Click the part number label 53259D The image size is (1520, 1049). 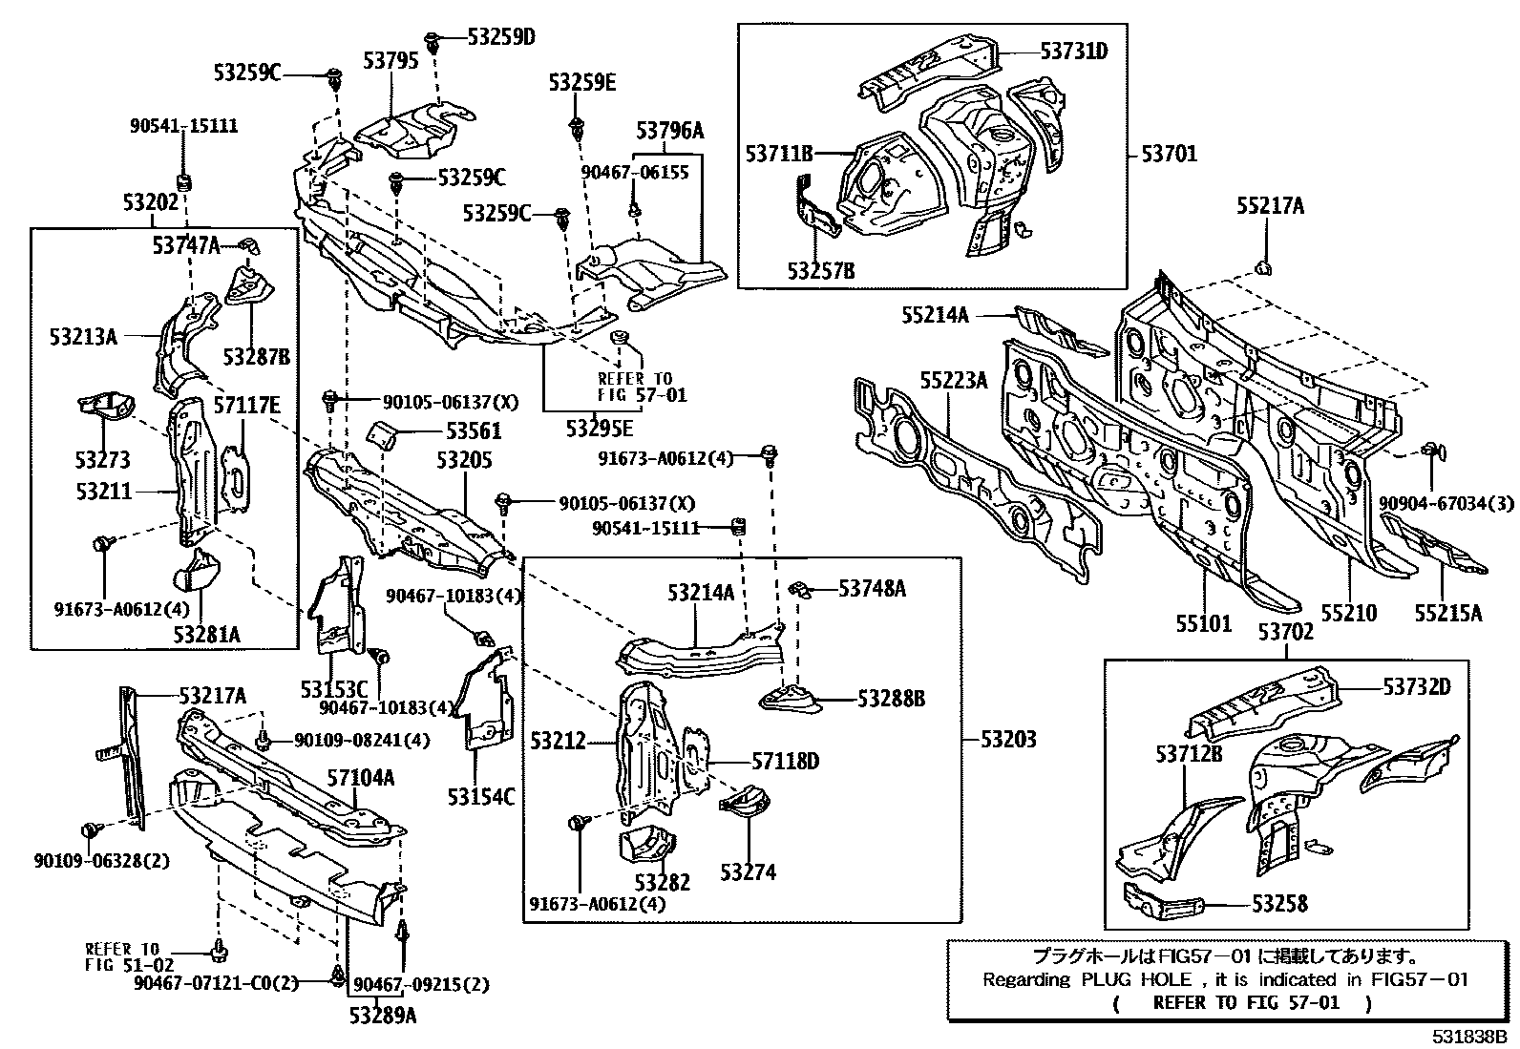[501, 37]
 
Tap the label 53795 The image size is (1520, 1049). [391, 61]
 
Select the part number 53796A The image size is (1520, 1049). [669, 130]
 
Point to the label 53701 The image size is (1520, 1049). [1169, 154]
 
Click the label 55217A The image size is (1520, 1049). [1270, 205]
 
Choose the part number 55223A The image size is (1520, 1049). [953, 381]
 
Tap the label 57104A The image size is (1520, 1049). [361, 779]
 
